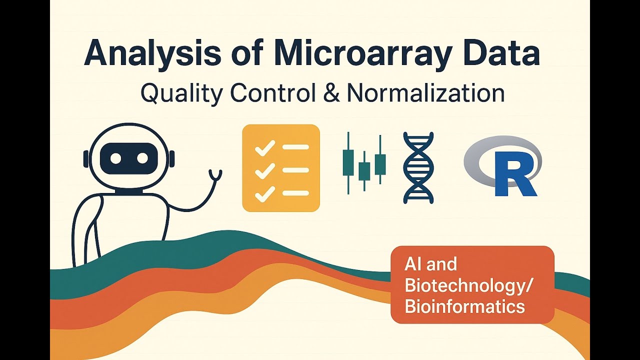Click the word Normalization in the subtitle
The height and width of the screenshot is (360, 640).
(425, 93)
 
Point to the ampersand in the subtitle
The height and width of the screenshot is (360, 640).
(331, 93)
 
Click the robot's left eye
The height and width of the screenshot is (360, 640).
(116, 158)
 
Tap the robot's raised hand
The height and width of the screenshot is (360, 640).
(216, 175)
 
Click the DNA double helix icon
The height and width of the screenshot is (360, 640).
(418, 168)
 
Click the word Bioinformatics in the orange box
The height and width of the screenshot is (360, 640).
(464, 306)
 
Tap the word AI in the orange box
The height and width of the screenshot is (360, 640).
(413, 264)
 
